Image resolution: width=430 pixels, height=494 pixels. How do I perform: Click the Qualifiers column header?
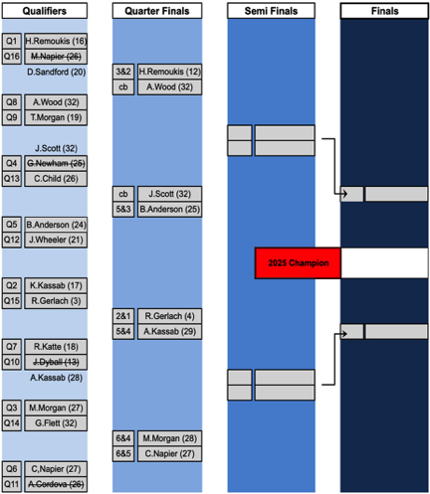tap(45, 11)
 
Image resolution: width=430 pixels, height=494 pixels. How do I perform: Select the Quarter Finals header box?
tap(157, 11)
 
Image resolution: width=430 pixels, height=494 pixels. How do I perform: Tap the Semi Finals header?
tap(271, 11)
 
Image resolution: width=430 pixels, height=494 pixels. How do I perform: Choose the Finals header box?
tap(384, 11)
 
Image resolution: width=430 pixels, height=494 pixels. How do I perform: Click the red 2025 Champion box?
tap(298, 263)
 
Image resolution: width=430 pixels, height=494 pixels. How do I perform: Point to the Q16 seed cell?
tap(12, 57)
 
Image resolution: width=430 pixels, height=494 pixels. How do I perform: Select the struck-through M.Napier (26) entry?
tap(56, 57)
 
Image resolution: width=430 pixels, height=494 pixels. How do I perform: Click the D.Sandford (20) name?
tap(57, 72)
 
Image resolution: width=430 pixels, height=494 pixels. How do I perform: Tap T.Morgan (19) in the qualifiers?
tap(56, 117)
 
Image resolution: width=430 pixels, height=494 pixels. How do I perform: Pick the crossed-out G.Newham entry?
tap(56, 163)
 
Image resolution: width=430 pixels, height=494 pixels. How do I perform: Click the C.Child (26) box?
tap(56, 179)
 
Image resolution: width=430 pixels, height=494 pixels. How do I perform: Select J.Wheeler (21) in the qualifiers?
tap(56, 240)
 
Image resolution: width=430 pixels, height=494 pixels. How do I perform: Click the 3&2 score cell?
tap(123, 72)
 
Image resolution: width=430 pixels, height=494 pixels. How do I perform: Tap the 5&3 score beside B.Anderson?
tap(123, 210)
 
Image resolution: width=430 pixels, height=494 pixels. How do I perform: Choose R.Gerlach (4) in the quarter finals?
tap(169, 316)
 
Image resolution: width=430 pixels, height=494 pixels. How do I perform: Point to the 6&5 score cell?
tap(123, 453)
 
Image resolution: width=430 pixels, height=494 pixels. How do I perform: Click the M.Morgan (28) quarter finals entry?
tap(169, 438)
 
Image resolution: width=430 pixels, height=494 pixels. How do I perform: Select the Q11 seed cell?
tap(12, 484)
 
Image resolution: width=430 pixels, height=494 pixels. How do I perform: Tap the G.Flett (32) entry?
tap(56, 423)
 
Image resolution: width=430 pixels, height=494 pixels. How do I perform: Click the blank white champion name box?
tap(384, 263)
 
